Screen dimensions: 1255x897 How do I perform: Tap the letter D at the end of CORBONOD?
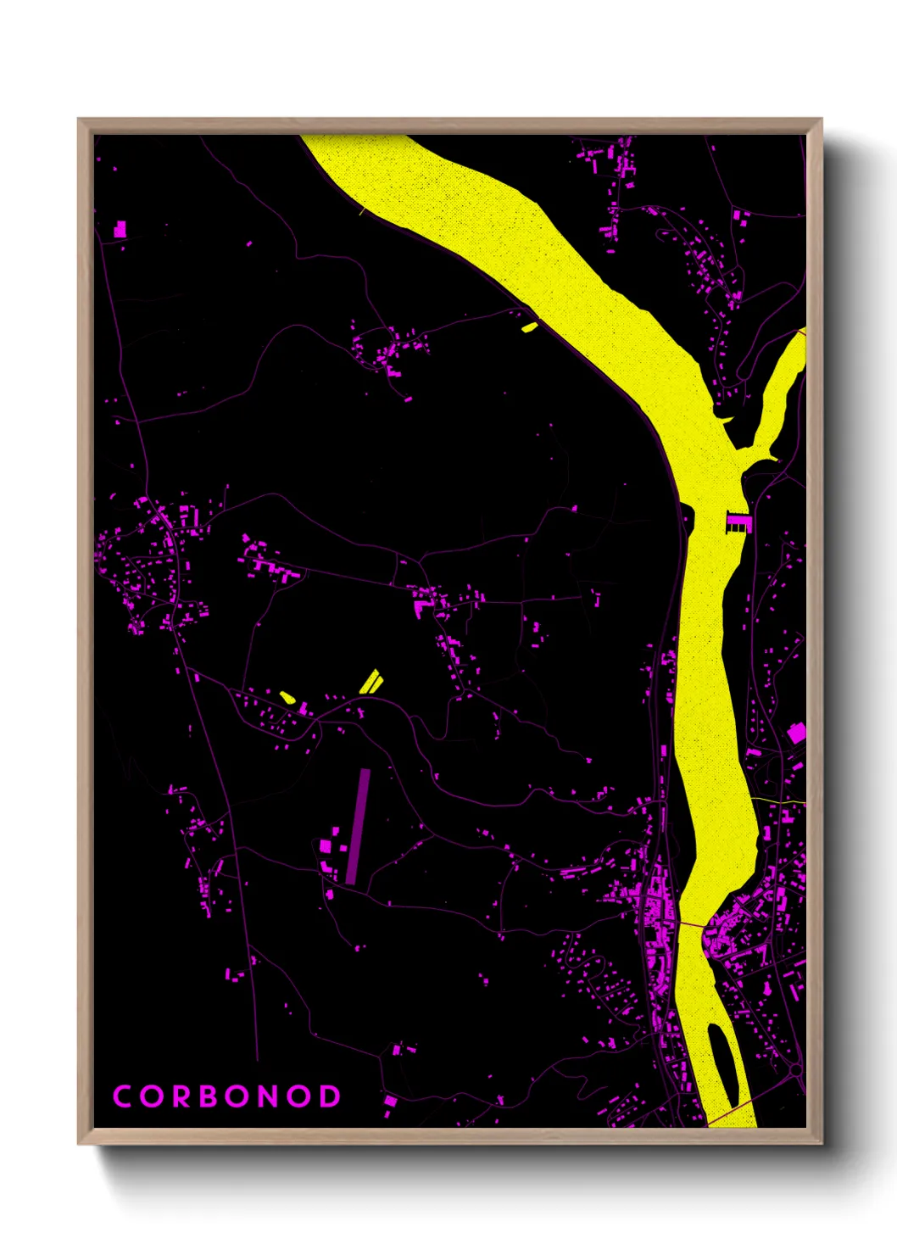click(x=330, y=1096)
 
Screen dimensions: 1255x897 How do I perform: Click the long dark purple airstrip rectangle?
click(x=358, y=827)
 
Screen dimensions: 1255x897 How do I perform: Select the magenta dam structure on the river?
click(x=738, y=522)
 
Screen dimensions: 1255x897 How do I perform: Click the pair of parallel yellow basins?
click(x=370, y=682)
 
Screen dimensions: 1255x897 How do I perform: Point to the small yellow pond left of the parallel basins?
click(x=287, y=697)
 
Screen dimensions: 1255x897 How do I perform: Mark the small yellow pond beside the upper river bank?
click(x=529, y=326)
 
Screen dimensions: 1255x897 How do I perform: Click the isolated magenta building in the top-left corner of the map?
click(x=120, y=228)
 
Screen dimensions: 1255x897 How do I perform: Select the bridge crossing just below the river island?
click(x=729, y=1113)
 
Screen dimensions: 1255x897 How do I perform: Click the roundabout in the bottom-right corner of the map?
click(x=795, y=1072)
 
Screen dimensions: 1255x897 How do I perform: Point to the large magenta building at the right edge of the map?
click(x=796, y=733)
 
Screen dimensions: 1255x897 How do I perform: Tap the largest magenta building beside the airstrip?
click(x=325, y=845)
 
